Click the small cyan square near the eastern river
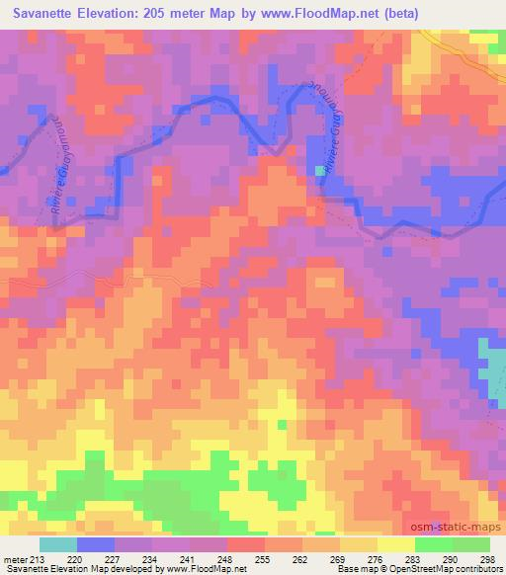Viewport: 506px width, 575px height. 318,170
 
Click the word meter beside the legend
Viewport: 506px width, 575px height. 16,560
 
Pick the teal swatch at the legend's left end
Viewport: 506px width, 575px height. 58,544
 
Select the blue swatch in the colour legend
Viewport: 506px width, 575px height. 95,544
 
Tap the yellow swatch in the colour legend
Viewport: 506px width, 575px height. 395,544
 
